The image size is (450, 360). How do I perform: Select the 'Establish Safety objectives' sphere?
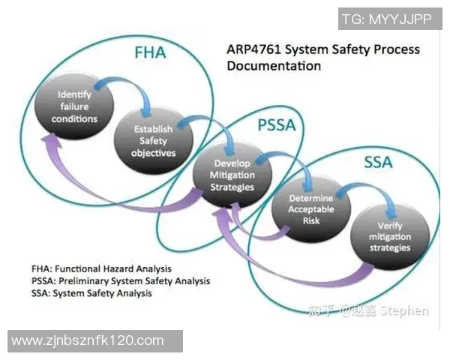[x=154, y=140]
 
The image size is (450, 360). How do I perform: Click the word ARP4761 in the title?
[x=252, y=50]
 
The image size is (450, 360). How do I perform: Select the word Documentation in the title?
[x=273, y=66]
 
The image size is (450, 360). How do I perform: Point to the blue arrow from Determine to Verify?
[x=370, y=192]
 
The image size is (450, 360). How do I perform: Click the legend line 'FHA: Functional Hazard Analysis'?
[x=102, y=268]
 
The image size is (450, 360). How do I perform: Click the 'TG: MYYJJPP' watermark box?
[x=386, y=19]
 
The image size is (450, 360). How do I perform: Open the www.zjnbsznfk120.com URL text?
[x=88, y=340]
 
